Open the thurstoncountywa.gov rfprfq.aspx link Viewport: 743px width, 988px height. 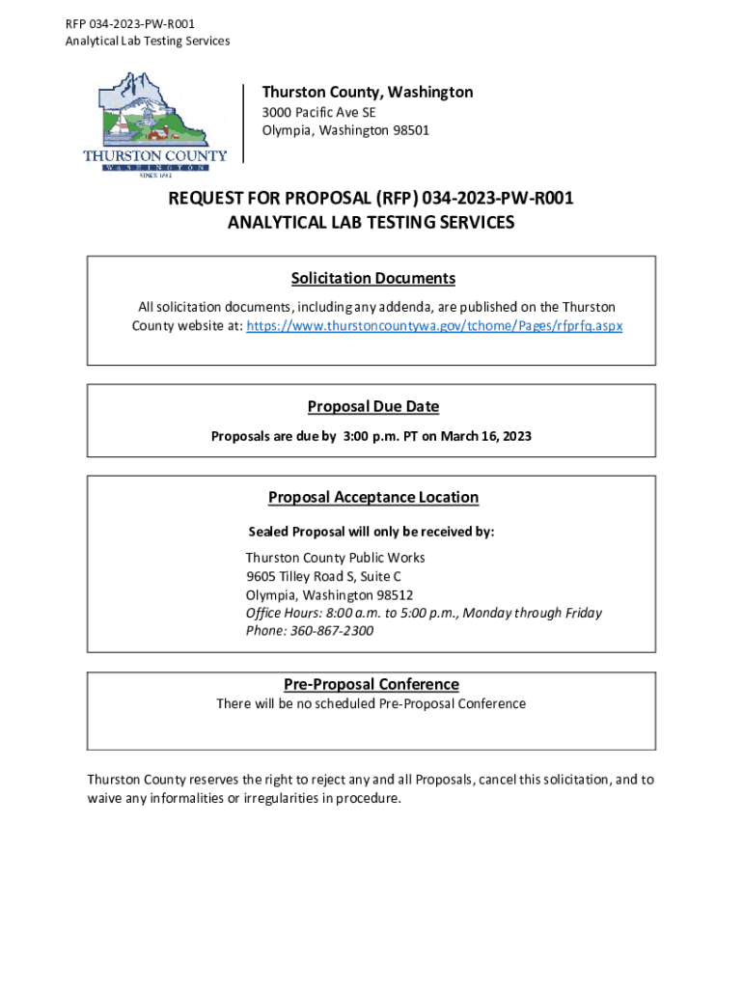tap(434, 326)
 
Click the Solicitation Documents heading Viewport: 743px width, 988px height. tap(372, 279)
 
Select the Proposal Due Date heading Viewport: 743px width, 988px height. tap(372, 407)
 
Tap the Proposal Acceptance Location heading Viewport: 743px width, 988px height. tap(372, 498)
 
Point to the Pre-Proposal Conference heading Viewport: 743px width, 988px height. tap(371, 684)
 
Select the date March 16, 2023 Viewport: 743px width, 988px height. tap(486, 437)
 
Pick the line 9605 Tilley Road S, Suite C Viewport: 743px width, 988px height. tap(323, 577)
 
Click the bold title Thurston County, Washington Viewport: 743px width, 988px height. tap(368, 92)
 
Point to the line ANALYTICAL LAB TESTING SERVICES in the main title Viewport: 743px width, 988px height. tap(371, 223)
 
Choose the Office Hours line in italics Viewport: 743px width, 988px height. tap(424, 613)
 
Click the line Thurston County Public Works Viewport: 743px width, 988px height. tap(335, 559)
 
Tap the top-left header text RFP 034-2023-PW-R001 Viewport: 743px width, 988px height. tap(123, 23)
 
